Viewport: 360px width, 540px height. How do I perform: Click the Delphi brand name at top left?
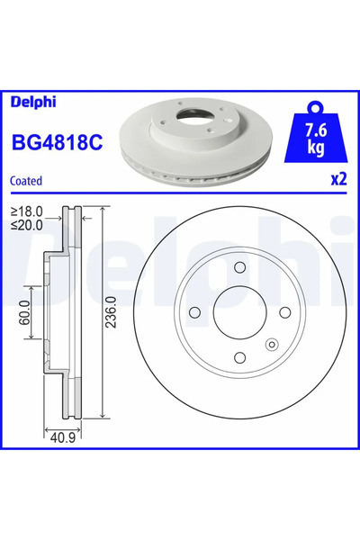pyautogui.click(x=33, y=102)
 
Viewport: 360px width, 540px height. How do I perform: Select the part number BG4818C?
pyautogui.click(x=58, y=142)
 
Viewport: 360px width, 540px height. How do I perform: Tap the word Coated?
pyautogui.click(x=26, y=181)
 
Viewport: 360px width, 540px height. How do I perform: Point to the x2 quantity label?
pyautogui.click(x=338, y=179)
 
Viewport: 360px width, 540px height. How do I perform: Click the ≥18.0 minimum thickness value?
pyautogui.click(x=26, y=211)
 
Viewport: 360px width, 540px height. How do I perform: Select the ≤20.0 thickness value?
pyautogui.click(x=26, y=225)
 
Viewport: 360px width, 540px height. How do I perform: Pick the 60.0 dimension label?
pyautogui.click(x=25, y=312)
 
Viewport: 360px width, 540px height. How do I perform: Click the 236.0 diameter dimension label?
pyautogui.click(x=112, y=312)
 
